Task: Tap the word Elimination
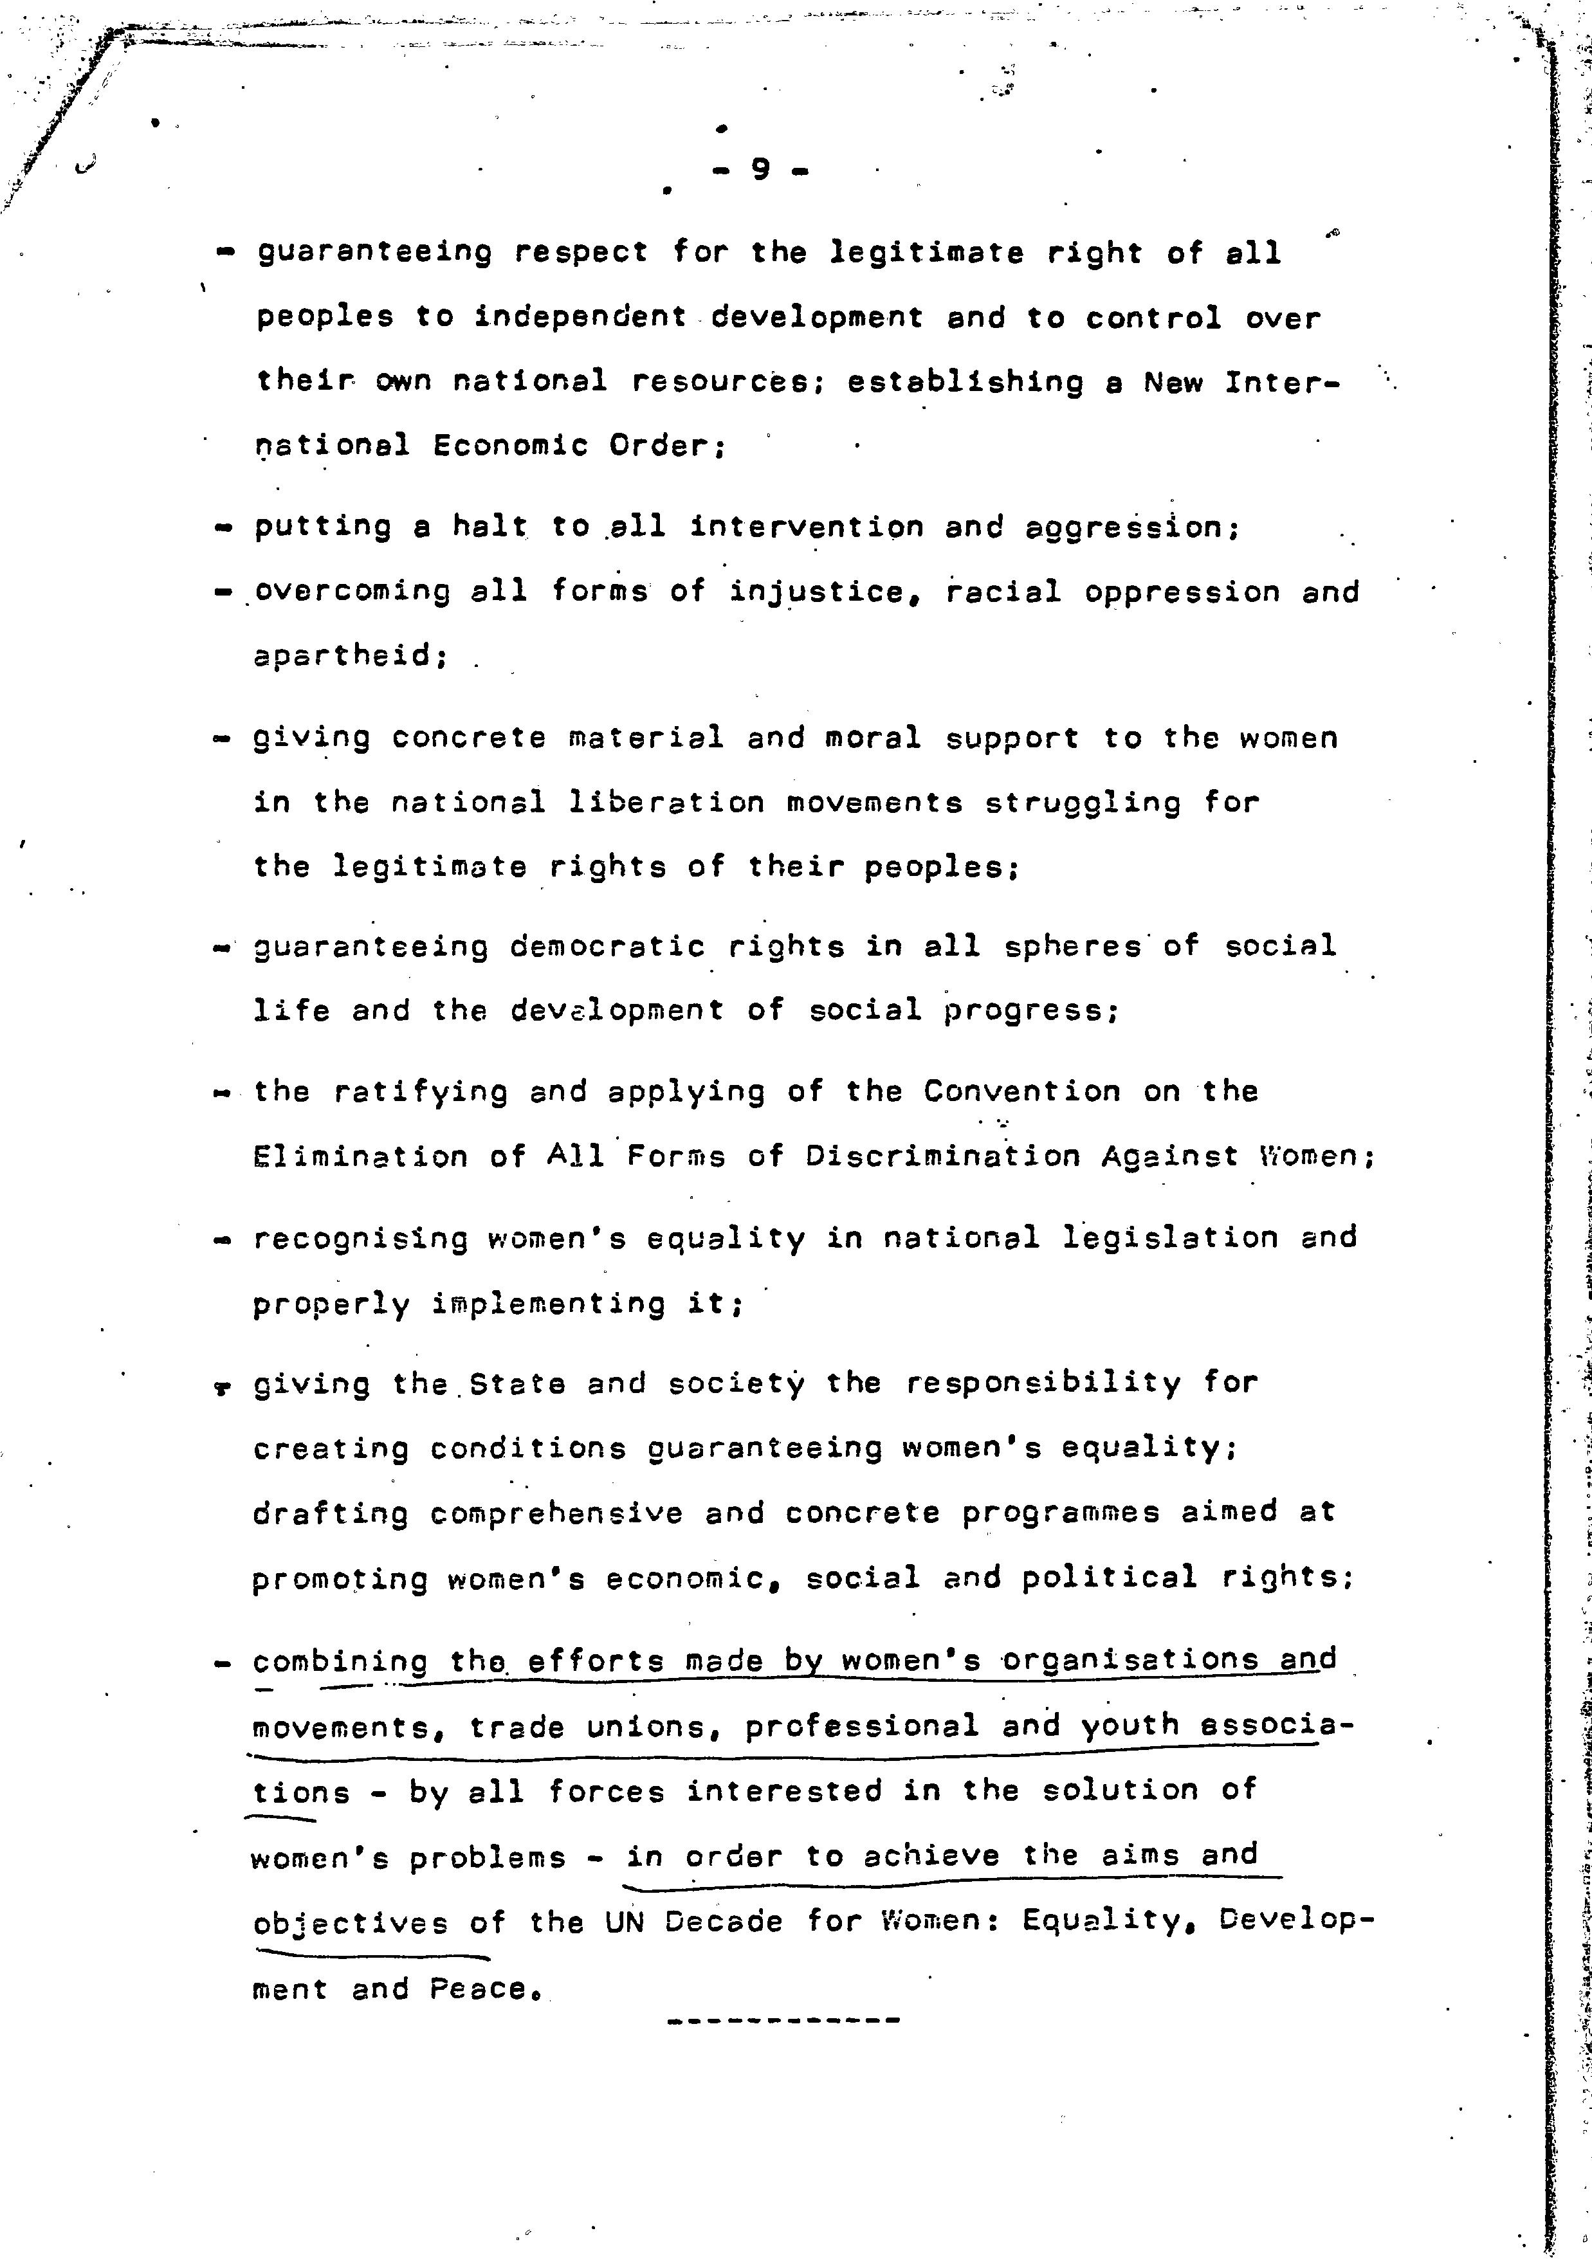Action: [x=360, y=1156]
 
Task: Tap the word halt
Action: [x=489, y=527]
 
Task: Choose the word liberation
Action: [x=666, y=803]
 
